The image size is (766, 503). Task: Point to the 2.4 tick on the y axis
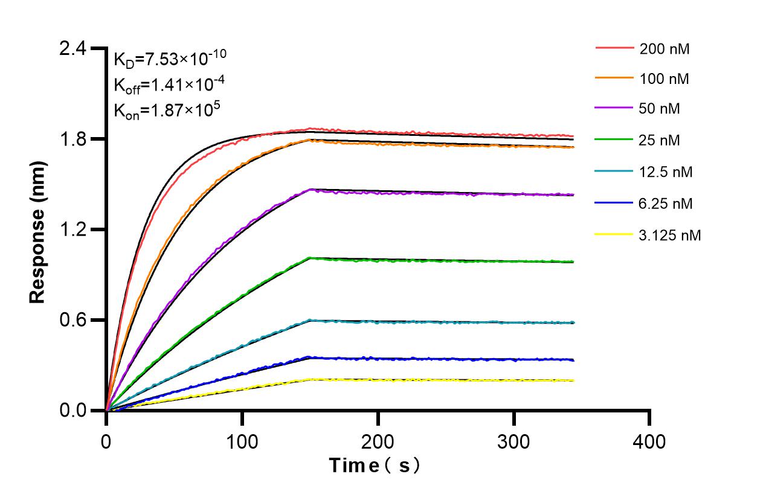click(x=74, y=49)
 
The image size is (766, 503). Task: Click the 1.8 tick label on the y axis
click(x=74, y=139)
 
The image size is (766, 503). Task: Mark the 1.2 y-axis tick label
click(x=74, y=230)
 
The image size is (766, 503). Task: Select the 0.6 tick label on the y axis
click(x=74, y=320)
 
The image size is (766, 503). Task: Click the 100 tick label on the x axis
click(x=242, y=442)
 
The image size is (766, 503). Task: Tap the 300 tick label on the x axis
click(x=514, y=442)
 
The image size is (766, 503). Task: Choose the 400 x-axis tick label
click(x=649, y=442)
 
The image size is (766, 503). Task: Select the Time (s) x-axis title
click(x=375, y=466)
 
